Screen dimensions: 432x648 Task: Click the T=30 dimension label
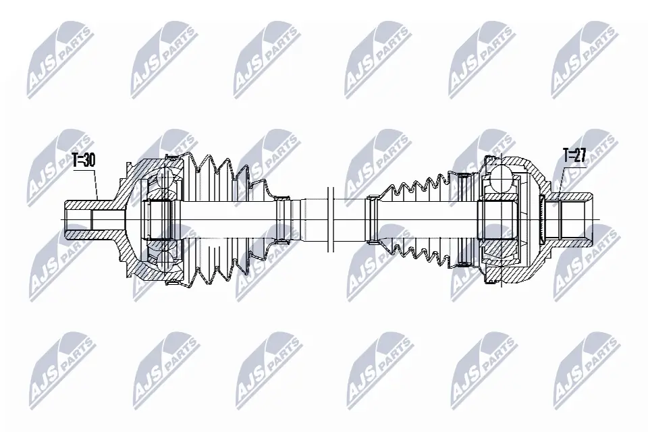coord(84,160)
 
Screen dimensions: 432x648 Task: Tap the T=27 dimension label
coord(574,155)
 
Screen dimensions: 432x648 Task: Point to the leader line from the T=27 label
coord(557,177)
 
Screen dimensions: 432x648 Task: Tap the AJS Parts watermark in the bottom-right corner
coord(585,370)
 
